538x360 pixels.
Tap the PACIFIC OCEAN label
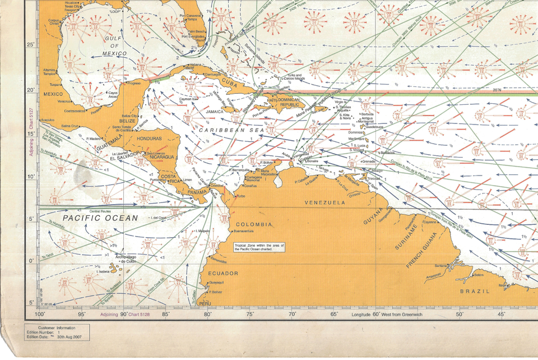pos(100,218)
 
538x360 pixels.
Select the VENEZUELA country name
pos(324,202)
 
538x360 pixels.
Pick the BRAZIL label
pos(475,291)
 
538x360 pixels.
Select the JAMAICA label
pos(215,112)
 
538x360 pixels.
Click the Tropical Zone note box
pos(259,248)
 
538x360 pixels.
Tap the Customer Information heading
pos(56,327)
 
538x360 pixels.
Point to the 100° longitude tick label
pos(40,315)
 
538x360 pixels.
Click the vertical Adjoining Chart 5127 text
pos(31,135)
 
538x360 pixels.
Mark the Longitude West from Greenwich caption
pos(386,315)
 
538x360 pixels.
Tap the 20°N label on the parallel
pos(497,90)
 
